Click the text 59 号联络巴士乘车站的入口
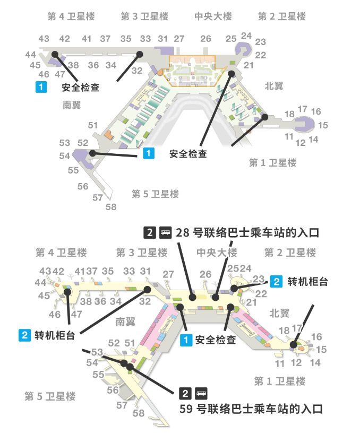[x=251, y=409]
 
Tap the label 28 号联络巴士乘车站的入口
[x=248, y=232]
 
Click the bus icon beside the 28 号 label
[x=166, y=232]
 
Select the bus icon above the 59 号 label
[x=202, y=393]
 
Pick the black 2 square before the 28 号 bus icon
[x=150, y=232]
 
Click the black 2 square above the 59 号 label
[x=185, y=393]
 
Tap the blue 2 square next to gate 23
[x=276, y=281]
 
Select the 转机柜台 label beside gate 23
[x=307, y=281]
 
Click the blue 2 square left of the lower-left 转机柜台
[x=24, y=335]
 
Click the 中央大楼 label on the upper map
[x=213, y=16]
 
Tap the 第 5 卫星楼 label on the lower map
[x=50, y=396]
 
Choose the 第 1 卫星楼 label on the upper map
[x=272, y=162]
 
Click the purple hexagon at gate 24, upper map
[x=244, y=49]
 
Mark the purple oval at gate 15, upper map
[x=308, y=125]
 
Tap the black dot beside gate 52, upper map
[x=92, y=153]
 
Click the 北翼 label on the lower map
[x=279, y=313]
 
